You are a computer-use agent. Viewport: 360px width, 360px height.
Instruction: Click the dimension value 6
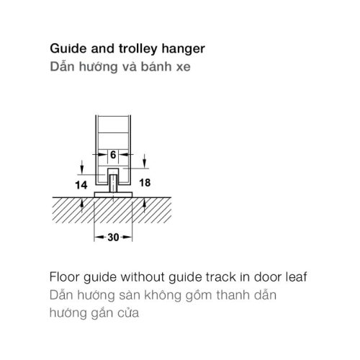point(113,155)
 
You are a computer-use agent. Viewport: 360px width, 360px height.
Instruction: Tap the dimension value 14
point(81,185)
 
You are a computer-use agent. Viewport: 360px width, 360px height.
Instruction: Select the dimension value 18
point(145,183)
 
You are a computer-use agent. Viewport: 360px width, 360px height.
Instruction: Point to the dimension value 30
point(113,238)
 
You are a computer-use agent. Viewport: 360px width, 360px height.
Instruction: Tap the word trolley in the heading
point(138,49)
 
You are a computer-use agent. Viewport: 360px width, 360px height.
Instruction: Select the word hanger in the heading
point(183,50)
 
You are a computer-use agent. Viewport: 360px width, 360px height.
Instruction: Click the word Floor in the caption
point(64,277)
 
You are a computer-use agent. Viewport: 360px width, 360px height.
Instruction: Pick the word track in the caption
point(220,277)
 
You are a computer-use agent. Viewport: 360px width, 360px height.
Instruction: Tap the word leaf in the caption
point(296,277)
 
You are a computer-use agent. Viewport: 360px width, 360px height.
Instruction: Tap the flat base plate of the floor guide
point(113,194)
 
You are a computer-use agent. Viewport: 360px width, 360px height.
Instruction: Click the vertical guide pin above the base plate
point(113,184)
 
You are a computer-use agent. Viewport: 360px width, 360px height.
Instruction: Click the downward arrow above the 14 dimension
point(82,167)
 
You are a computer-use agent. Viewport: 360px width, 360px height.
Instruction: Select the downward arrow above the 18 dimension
point(145,161)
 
